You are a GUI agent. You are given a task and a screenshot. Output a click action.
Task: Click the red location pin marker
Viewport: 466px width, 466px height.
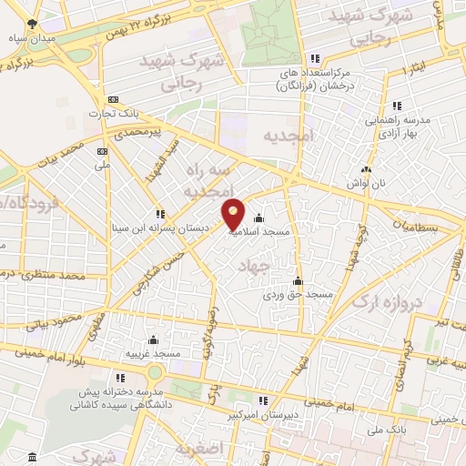[x=234, y=213]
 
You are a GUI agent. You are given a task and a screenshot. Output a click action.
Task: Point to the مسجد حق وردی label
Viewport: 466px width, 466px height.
[x=299, y=295]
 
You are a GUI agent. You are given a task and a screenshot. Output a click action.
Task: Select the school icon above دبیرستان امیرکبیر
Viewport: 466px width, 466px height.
[x=263, y=400]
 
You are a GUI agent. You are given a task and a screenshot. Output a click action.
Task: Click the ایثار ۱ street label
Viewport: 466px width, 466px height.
[x=417, y=67]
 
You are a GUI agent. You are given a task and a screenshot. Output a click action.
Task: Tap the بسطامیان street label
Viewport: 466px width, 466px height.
[x=420, y=225]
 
